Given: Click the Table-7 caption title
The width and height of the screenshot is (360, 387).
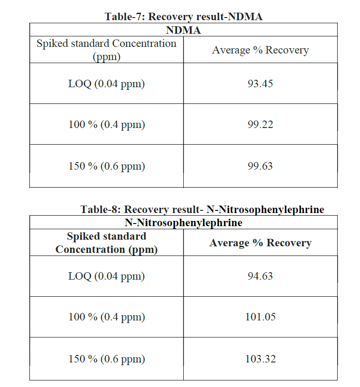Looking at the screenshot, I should tap(183, 17).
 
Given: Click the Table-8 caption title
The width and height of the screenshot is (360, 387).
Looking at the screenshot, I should tap(202, 209).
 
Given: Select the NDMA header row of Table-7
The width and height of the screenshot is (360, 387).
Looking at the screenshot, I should tap(183, 30).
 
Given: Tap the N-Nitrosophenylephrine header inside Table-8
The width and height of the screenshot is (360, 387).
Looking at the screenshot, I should tap(183, 223).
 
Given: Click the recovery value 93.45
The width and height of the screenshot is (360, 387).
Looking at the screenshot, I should tap(260, 83).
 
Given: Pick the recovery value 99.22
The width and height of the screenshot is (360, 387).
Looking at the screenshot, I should tap(260, 124).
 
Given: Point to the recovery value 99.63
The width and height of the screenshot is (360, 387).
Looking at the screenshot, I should tap(260, 166).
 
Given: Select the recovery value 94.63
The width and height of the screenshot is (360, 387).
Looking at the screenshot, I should tap(260, 276).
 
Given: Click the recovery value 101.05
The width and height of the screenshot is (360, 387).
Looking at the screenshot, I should tap(260, 317).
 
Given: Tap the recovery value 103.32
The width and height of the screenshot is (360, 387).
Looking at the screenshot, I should tap(260, 359).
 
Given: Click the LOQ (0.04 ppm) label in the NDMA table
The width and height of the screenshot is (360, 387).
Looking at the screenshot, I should tap(107, 83).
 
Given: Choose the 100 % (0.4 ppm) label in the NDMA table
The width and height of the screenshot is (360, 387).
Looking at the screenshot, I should tap(107, 124).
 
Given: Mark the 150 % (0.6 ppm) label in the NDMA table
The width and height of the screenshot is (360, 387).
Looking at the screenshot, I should tap(107, 166).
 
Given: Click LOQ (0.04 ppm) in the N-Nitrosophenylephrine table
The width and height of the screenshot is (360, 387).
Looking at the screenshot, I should tap(107, 276).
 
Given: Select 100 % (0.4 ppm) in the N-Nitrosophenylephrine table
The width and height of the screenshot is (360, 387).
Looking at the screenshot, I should tap(107, 317).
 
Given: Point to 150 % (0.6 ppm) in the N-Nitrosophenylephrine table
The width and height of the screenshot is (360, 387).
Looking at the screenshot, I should tap(107, 359).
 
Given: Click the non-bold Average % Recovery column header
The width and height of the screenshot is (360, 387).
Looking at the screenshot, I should tap(260, 50).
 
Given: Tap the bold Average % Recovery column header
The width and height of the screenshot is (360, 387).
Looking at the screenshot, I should tap(260, 243).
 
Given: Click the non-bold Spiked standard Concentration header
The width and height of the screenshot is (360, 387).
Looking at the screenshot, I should tap(107, 50).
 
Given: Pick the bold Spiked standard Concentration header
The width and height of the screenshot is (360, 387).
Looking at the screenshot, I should tap(107, 243).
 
